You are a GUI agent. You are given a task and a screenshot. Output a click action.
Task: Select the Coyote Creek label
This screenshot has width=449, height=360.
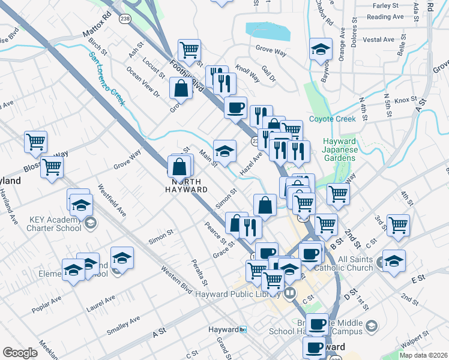pos(332,119)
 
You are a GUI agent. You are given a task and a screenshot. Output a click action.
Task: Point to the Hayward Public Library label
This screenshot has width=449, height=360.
pos(238,293)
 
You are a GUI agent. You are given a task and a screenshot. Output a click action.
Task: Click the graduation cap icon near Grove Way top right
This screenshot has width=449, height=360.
pos(321,49)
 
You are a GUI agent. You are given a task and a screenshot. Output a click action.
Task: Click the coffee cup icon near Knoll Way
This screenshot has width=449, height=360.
pos(235,107)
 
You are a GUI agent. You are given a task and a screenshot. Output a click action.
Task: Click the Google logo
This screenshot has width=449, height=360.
pos(20,353)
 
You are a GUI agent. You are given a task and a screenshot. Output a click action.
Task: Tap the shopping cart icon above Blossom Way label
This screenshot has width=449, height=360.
pos(36,142)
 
